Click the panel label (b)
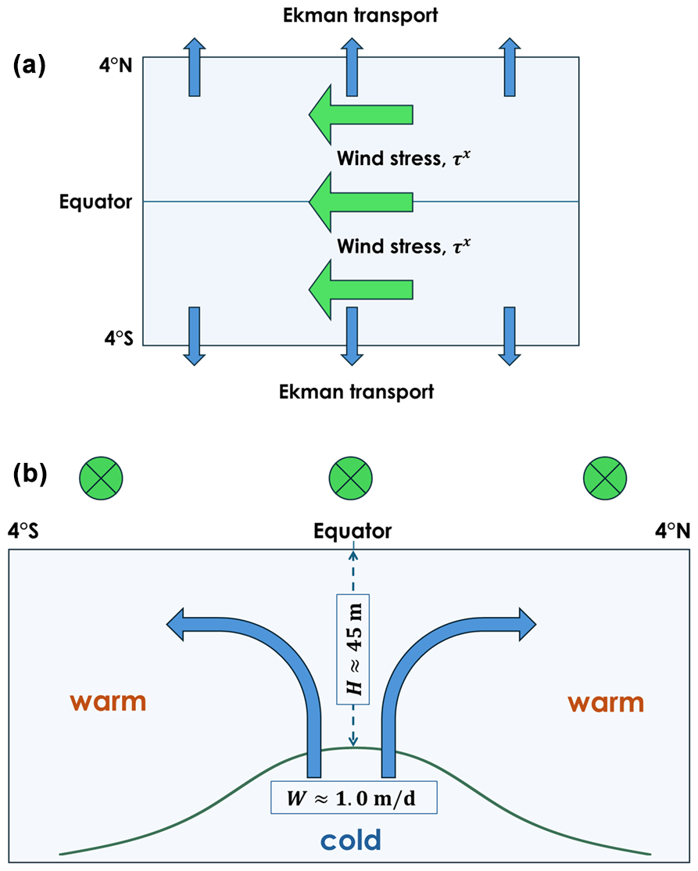[x=30, y=474]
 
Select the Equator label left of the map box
[x=96, y=203]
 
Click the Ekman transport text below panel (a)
[x=356, y=391]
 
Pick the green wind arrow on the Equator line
[x=360, y=203]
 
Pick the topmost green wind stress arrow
[x=360, y=114]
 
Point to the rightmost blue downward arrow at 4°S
[x=510, y=336]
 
